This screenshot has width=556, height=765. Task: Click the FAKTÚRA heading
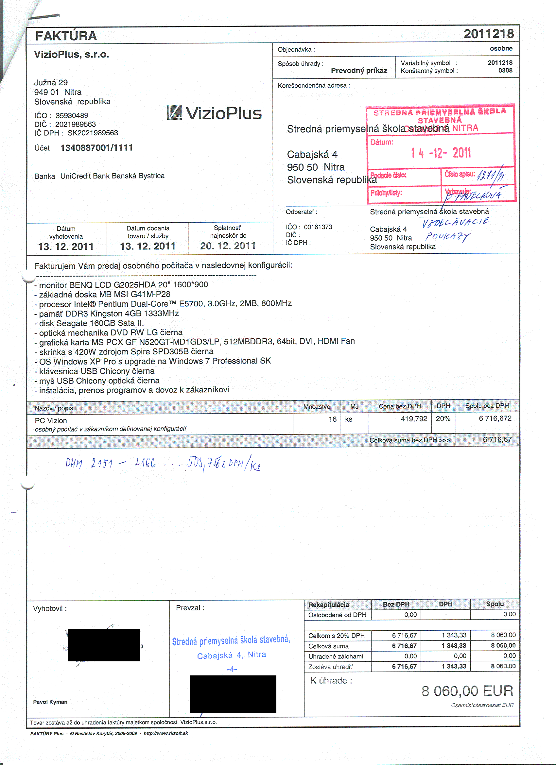(x=66, y=36)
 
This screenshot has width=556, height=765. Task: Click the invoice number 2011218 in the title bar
(x=489, y=34)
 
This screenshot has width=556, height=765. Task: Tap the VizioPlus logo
(x=214, y=113)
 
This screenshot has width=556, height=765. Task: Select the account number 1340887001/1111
(x=96, y=148)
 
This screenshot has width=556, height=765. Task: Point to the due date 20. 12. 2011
(x=228, y=246)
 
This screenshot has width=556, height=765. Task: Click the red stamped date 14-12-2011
(x=441, y=153)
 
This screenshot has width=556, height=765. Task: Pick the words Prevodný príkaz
(x=359, y=71)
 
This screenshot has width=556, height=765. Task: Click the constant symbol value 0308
(x=505, y=71)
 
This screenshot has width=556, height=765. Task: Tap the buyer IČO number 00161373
(x=318, y=227)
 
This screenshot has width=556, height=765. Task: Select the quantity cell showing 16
(x=332, y=419)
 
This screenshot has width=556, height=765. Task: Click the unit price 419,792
(x=414, y=418)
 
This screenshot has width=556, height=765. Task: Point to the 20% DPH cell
(x=443, y=418)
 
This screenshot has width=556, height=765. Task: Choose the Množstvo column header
(x=317, y=407)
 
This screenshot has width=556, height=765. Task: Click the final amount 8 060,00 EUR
(x=467, y=691)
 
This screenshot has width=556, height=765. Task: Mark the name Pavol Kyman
(x=50, y=702)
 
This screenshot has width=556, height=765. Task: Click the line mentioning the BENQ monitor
(x=121, y=285)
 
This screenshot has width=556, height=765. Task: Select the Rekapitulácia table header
(x=328, y=605)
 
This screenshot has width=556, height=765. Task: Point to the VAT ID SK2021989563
(x=93, y=133)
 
